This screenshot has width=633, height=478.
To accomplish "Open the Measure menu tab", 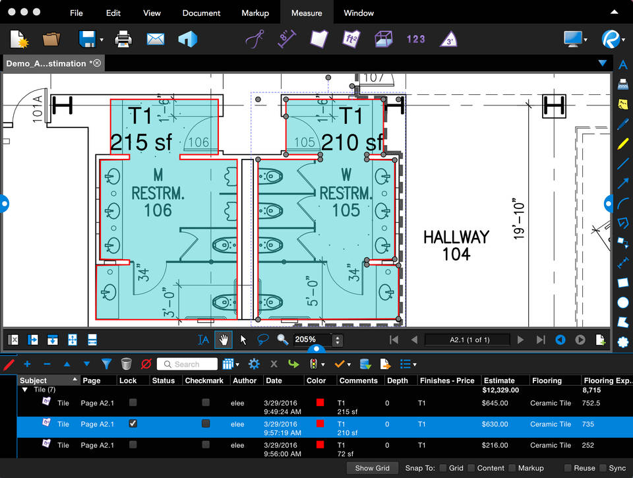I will (307, 13).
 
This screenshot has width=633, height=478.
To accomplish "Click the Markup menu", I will (255, 13).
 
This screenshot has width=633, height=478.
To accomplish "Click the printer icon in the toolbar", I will (123, 39).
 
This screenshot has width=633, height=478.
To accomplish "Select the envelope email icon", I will (156, 39).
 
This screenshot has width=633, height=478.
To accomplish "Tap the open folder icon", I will (51, 39).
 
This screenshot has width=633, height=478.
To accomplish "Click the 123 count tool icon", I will (415, 39).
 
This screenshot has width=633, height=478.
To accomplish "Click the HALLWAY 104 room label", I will (456, 245).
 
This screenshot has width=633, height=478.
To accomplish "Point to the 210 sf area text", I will (352, 142).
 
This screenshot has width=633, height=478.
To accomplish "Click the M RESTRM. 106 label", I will (158, 193).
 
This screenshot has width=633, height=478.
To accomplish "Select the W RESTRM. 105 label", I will (346, 193).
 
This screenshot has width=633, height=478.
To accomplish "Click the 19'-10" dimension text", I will (521, 218).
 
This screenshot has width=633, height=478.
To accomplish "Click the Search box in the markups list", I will (187, 364).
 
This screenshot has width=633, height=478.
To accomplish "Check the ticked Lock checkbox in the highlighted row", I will (133, 424).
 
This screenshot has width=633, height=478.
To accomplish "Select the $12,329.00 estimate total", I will (500, 390).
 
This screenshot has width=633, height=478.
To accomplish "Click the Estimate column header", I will (499, 380).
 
